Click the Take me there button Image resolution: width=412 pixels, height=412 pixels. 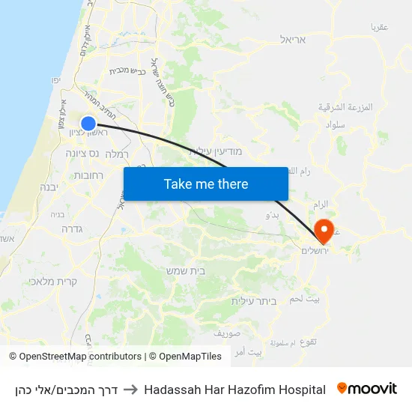point(206,184)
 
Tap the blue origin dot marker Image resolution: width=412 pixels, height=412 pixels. point(88,124)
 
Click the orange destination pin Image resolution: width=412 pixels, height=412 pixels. point(324,231)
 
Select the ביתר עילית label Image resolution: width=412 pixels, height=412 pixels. point(253,300)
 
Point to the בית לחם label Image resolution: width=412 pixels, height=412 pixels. point(308,299)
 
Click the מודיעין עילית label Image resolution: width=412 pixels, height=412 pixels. point(216,151)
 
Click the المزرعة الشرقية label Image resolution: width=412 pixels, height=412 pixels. point(345,107)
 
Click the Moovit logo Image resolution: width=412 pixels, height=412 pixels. point(367,389)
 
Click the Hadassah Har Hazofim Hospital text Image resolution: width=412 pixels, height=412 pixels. point(234,390)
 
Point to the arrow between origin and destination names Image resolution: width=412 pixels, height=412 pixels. point(130,390)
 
